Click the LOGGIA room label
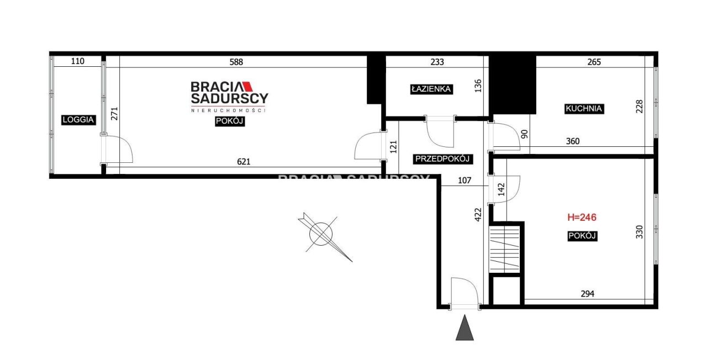78,120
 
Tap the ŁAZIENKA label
431,89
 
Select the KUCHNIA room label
584,109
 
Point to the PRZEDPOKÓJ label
442,158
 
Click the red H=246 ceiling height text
582,217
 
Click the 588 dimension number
236,62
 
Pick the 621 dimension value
244,162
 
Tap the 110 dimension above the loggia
78,61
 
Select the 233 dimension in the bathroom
437,62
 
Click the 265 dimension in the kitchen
594,62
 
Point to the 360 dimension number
573,141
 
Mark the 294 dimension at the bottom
587,294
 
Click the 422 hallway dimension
478,215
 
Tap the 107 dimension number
465,180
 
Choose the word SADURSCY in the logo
229,98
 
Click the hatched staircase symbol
504,249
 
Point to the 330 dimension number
639,232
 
